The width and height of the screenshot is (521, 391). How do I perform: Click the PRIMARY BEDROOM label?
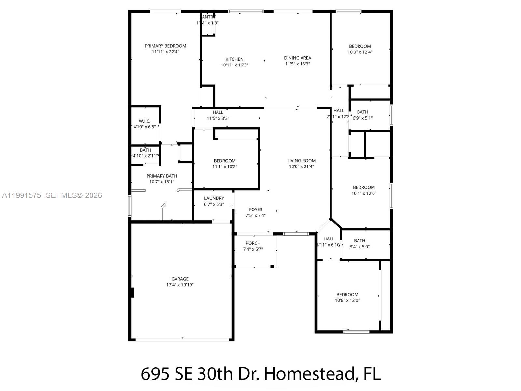165,46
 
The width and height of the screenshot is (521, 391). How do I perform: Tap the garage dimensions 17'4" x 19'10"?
180,285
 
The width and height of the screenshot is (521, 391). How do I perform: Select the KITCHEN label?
234,59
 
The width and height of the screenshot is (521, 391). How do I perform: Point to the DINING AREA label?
297,58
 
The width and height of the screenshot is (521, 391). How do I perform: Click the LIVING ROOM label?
301,161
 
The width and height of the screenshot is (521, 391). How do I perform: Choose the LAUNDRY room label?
214,198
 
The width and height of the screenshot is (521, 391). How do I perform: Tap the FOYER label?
256,210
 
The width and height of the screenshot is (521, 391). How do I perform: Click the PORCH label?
253,243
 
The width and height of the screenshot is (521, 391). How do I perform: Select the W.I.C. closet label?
144,121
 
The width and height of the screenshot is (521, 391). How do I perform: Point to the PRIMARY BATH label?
162,176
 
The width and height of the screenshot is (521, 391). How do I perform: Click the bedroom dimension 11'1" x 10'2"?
225,167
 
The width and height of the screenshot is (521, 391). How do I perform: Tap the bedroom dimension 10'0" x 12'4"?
360,52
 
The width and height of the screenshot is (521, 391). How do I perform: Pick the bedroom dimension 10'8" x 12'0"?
347,300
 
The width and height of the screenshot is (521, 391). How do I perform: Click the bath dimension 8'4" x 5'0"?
359,247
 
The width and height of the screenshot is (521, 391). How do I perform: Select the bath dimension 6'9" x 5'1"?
362,118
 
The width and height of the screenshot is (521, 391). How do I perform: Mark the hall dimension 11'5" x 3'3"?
218,118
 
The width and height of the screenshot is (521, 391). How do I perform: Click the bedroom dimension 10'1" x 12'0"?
364,193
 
